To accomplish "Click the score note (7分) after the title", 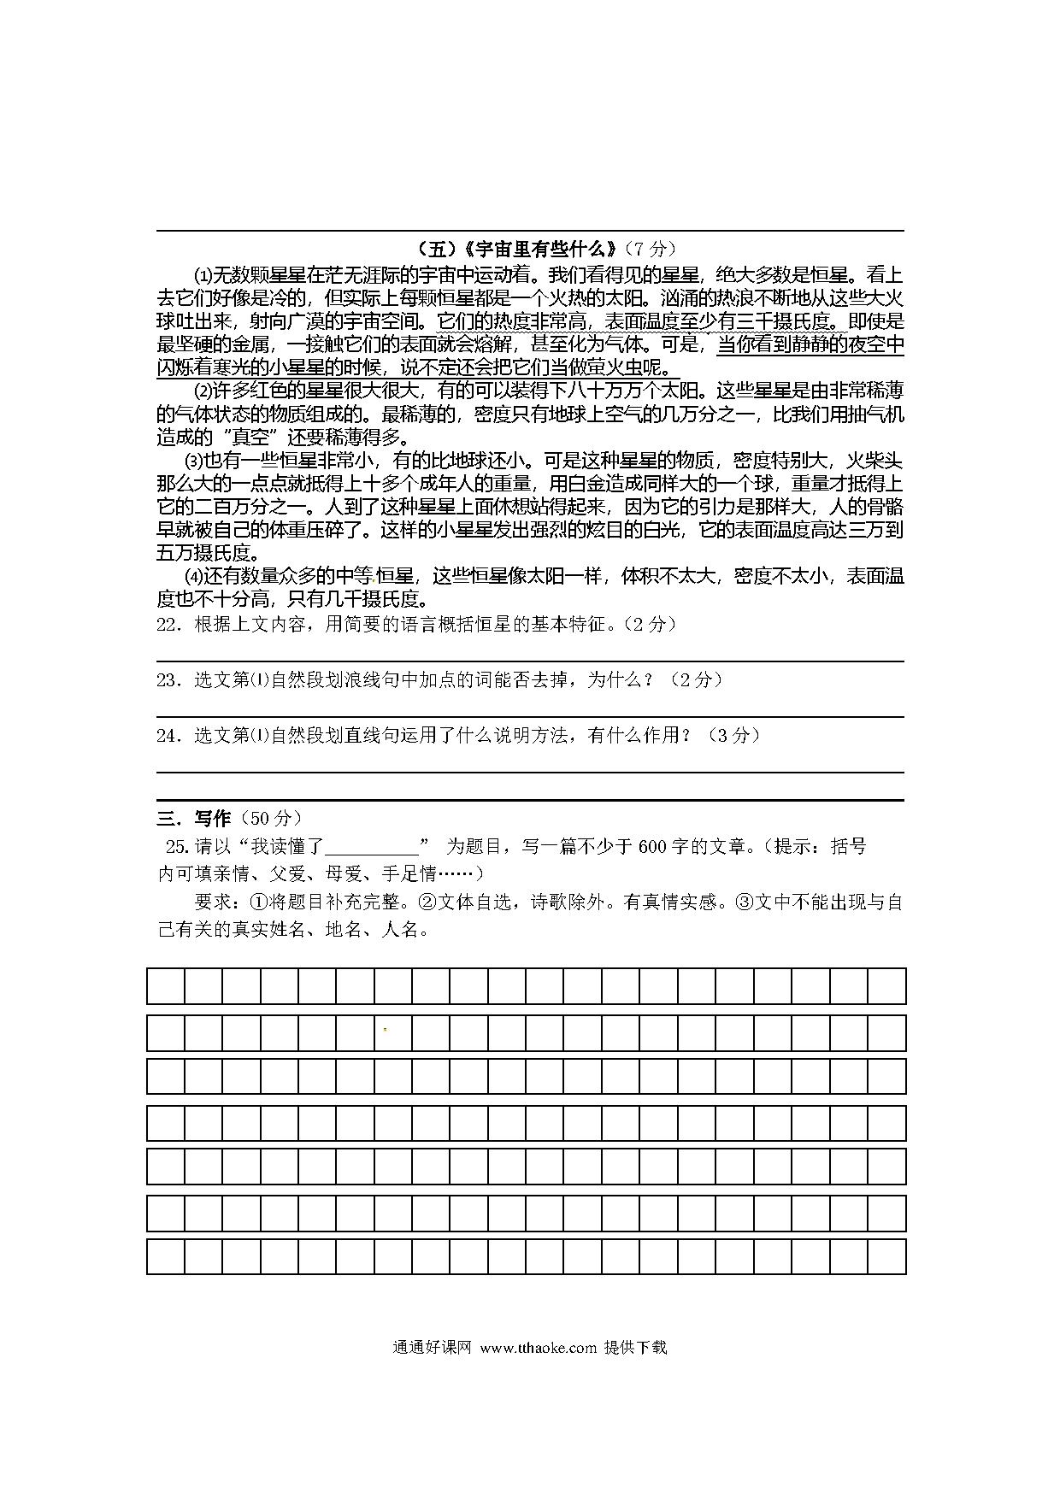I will [x=650, y=249].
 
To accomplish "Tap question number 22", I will [x=167, y=625].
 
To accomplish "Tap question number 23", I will [x=167, y=680].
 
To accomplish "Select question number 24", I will [x=167, y=735].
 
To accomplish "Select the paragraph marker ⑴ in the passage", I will [x=203, y=276].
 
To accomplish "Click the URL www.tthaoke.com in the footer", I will [x=538, y=1348].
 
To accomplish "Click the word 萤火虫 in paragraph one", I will [x=621, y=368].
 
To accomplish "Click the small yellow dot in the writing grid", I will [x=385, y=1029].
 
